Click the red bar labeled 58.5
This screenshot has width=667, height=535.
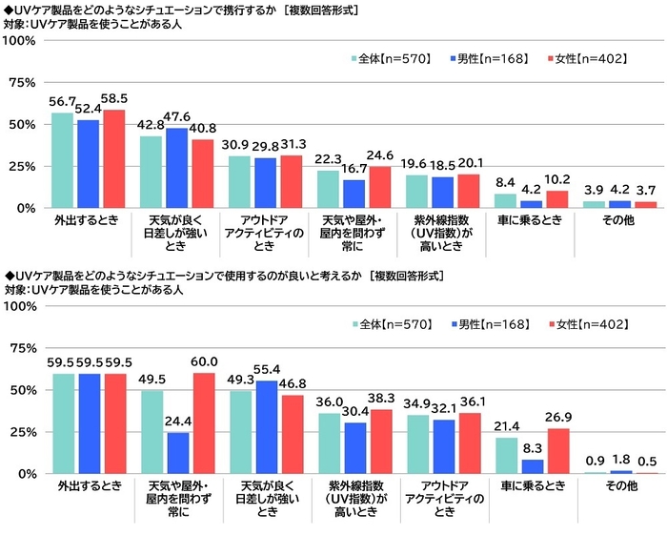[x=113, y=158]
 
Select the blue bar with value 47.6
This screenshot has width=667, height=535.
[x=176, y=168]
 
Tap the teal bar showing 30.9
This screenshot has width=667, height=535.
[x=239, y=181]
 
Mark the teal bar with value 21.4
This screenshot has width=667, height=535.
[x=506, y=456]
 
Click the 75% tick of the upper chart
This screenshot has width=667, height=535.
[x=22, y=83]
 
